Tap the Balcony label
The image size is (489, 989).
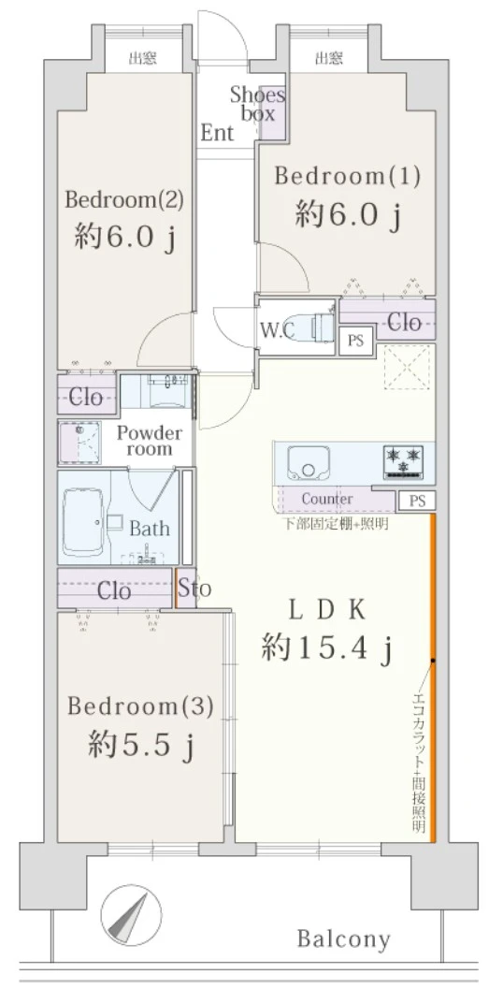pos(344,939)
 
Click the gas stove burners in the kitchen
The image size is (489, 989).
pos(403,459)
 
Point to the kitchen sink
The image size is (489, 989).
pos(309,463)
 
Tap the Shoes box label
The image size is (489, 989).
pos(257,104)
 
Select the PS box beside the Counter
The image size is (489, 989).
pos(416,501)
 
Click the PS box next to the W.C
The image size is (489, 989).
pos(356,341)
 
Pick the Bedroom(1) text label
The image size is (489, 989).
pos(347,176)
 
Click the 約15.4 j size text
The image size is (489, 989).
pos(327,647)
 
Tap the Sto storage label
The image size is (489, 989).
pos(194,589)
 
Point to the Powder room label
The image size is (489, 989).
pos(150,441)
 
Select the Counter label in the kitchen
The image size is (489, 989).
pos(327,499)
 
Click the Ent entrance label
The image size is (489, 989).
pos(217,133)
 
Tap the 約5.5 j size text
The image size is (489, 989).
pos(141,747)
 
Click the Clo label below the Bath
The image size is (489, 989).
pos(114,591)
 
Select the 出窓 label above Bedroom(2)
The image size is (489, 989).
pos(143,59)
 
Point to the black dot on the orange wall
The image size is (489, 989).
pos(433,661)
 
